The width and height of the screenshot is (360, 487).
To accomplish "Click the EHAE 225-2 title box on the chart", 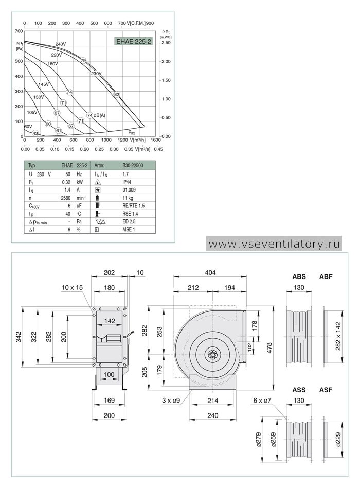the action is tap(134, 41).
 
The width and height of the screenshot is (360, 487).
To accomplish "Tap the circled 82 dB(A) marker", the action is tap(117, 94).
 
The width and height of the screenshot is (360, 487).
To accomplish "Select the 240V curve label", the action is tap(61, 44).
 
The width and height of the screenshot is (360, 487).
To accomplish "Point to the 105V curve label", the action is tap(32, 112).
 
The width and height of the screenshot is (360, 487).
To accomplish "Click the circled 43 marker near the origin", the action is tap(35, 133).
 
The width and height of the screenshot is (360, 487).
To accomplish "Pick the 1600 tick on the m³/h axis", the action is tap(156, 140).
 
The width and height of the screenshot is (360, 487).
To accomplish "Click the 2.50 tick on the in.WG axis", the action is tap(166, 43).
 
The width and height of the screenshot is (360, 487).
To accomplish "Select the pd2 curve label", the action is tap(132, 132).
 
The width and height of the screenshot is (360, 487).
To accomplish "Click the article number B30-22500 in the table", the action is tap(133, 166).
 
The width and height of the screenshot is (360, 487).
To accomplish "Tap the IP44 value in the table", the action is tap(127, 182).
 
